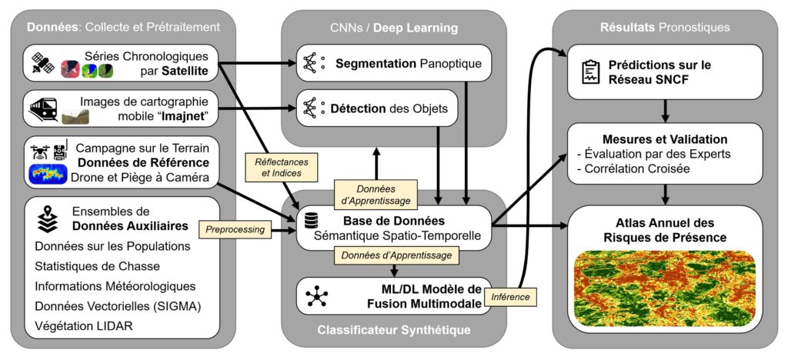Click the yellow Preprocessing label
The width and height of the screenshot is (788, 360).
pos(232,228)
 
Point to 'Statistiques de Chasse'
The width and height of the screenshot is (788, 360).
pos(97,266)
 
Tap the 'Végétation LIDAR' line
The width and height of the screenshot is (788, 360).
pos(82,325)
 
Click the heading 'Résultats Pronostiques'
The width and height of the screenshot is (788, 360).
pos(665,28)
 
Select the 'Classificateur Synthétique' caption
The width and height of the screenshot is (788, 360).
pos(393,331)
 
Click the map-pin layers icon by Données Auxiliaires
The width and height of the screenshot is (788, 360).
pos(46,218)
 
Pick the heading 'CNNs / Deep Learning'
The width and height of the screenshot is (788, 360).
pos(393,28)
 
